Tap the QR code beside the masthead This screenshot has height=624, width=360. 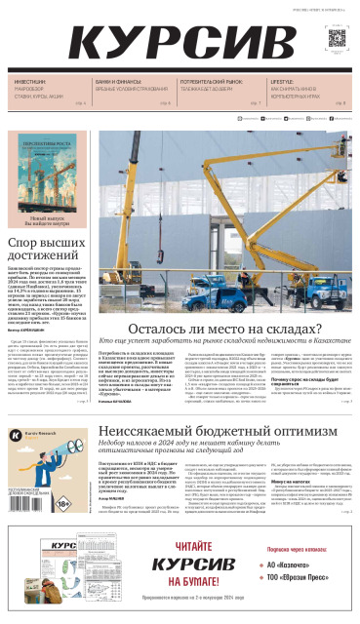point(337,38)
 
